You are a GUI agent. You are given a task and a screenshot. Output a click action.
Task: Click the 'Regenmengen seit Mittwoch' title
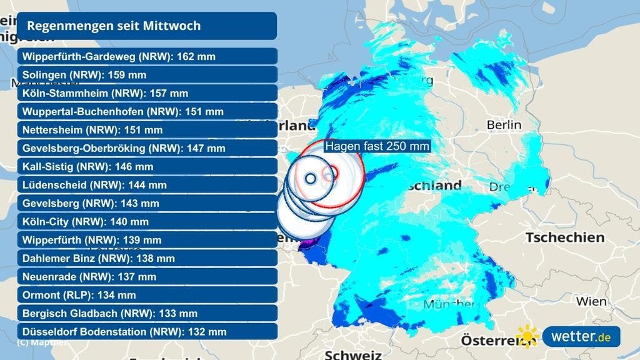point(114,26)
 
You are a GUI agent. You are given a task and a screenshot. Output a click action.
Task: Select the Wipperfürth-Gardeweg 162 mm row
point(119,56)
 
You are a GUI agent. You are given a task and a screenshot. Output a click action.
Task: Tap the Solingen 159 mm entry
point(84,75)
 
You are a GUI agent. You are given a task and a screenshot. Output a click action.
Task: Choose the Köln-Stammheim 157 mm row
point(105,93)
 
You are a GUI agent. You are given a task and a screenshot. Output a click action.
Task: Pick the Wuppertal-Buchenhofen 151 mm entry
point(122,112)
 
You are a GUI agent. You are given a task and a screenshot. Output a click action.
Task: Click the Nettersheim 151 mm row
point(92,130)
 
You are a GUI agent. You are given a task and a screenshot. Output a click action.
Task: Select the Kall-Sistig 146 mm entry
point(87,167)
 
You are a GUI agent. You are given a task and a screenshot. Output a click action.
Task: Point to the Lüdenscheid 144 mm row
point(94,185)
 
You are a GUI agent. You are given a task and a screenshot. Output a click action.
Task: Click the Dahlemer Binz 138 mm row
point(98,258)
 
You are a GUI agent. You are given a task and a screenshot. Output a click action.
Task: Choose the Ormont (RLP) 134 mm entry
point(79,295)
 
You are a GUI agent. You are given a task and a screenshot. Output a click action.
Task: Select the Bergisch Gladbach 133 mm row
point(109,313)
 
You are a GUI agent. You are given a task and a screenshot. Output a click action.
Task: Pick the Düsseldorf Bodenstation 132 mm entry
point(124,332)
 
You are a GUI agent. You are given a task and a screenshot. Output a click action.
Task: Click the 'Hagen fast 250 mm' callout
point(377,146)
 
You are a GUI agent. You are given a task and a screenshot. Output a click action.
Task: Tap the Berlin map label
point(504,125)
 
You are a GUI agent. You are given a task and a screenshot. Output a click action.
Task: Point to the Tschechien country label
point(565,237)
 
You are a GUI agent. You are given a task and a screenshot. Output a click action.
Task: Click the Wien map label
point(591,301)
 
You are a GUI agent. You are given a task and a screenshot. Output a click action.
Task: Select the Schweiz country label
point(353,354)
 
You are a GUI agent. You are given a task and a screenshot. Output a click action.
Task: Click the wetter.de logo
point(581,337)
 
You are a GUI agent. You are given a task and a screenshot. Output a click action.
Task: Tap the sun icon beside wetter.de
point(527,337)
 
